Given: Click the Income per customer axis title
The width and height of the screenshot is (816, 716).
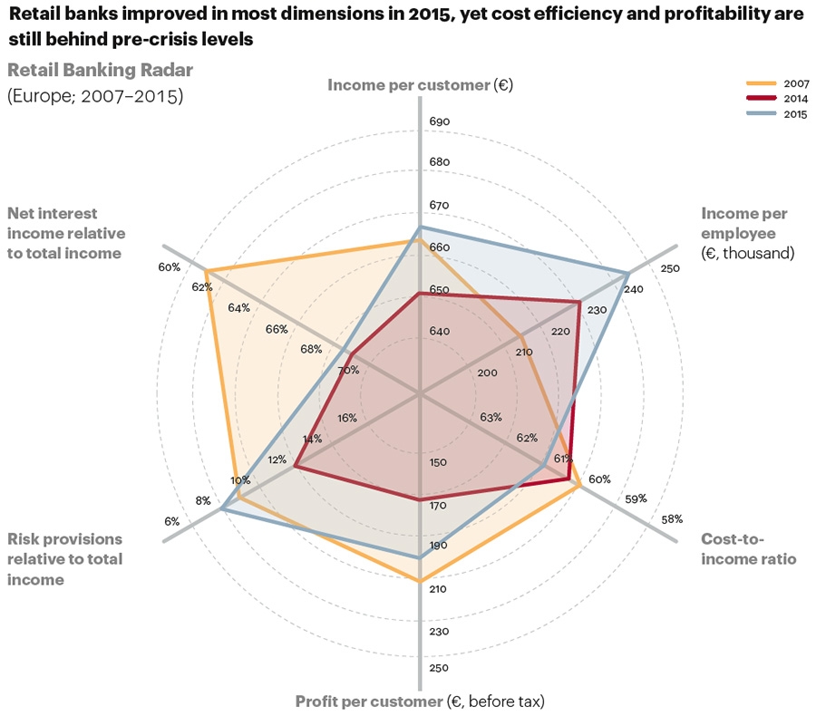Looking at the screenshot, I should point(420,85).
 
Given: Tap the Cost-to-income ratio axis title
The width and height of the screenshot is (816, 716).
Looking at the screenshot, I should point(749,549).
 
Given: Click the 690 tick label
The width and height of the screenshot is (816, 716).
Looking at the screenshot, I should point(439,121).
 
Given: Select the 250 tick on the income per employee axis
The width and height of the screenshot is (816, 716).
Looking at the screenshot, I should point(670,268).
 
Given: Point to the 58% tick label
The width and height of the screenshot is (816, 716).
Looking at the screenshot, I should point(672,519).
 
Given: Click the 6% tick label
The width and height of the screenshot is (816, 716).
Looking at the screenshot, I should point(171,521).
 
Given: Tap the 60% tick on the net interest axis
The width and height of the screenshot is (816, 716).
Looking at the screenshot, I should point(169,267).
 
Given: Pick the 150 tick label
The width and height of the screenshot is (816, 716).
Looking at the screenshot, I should point(438,462).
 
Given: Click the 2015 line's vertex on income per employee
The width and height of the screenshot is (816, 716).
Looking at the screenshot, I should point(627,273).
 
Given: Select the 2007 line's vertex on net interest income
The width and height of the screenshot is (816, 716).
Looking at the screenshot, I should point(206,271).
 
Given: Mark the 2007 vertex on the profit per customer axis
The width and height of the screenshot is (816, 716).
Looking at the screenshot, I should point(419,581).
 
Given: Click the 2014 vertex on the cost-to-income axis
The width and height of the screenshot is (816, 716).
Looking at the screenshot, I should point(568,478).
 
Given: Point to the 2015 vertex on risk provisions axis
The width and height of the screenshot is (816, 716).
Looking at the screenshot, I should point(222,511).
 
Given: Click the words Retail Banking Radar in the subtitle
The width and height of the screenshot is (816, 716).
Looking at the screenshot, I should point(101,70).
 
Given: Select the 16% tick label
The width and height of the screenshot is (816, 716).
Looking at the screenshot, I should point(346,418).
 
